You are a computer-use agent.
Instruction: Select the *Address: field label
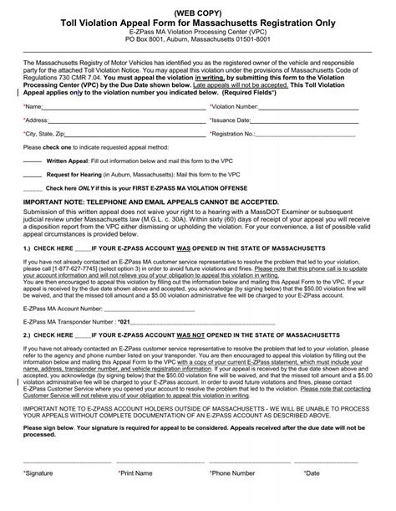(x=38, y=120)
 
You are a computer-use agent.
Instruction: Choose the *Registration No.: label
(x=237, y=133)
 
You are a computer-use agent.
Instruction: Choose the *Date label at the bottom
(x=313, y=496)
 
